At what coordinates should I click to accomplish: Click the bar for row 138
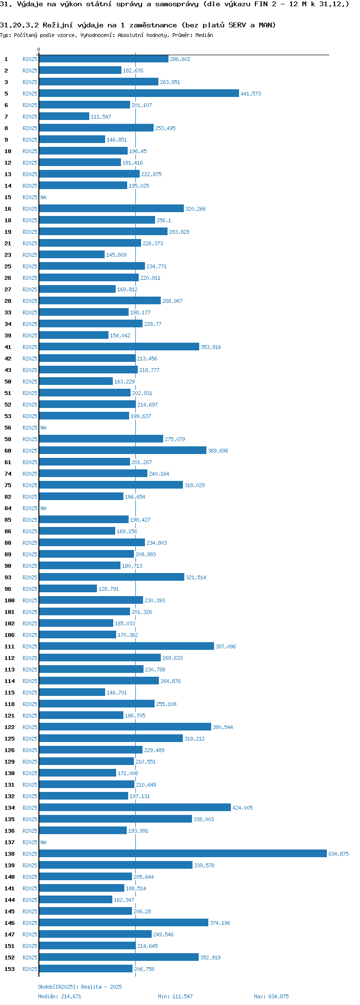pyautogui.click(x=182, y=853)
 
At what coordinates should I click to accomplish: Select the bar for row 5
pyautogui.click(x=139, y=93)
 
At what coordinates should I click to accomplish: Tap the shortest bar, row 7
pyautogui.click(x=64, y=116)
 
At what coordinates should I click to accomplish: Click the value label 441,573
pyautogui.click(x=251, y=94)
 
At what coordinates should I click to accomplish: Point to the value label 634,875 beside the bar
pyautogui.click(x=338, y=854)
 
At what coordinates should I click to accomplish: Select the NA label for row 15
pyautogui.click(x=43, y=197)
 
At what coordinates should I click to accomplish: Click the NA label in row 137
pyautogui.click(x=43, y=842)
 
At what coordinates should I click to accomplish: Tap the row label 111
pyautogui.click(x=10, y=646)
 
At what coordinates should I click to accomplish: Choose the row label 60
pyautogui.click(x=8, y=451)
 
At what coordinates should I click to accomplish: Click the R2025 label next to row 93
pyautogui.click(x=30, y=577)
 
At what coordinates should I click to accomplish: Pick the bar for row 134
pyautogui.click(x=134, y=807)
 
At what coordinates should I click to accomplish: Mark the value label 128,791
pyautogui.click(x=108, y=589)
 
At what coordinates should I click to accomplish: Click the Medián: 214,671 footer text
pyautogui.click(x=60, y=996)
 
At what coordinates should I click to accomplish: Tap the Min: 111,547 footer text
pyautogui.click(x=175, y=996)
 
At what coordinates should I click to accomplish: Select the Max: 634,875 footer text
pyautogui.click(x=271, y=996)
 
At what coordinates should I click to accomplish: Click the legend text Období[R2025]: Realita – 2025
pyautogui.click(x=80, y=987)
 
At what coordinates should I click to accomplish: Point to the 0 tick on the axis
pyautogui.click(x=39, y=49)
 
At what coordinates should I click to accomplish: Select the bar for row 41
pyautogui.click(x=119, y=347)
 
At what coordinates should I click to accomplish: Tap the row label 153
pyautogui.click(x=10, y=969)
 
